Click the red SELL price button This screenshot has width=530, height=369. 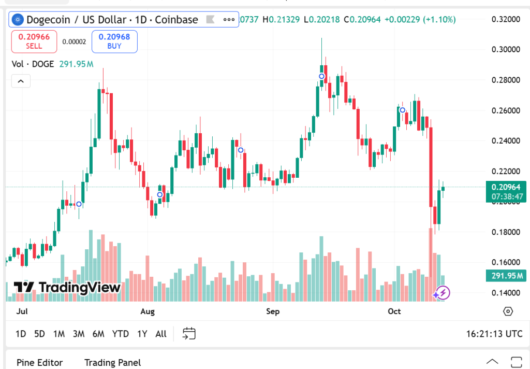(x=34, y=41)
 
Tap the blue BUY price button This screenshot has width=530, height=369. (x=114, y=41)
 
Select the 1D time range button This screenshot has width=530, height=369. (x=21, y=334)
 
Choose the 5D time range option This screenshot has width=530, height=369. (x=39, y=334)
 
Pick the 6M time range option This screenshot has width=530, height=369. (x=98, y=334)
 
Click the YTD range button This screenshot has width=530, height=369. (x=121, y=334)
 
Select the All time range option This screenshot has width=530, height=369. (x=161, y=334)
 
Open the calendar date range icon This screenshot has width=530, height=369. (x=189, y=334)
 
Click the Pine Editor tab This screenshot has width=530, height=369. (x=39, y=363)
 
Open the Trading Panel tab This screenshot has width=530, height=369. (x=112, y=363)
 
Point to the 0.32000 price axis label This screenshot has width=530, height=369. (x=505, y=20)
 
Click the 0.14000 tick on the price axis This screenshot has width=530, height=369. (x=505, y=293)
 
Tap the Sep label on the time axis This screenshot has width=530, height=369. (x=273, y=311)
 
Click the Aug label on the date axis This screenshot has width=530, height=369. (x=148, y=311)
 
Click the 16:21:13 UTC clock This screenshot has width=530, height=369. (x=494, y=334)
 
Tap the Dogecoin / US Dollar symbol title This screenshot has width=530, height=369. (x=112, y=20)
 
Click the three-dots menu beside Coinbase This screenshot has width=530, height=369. (x=229, y=20)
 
